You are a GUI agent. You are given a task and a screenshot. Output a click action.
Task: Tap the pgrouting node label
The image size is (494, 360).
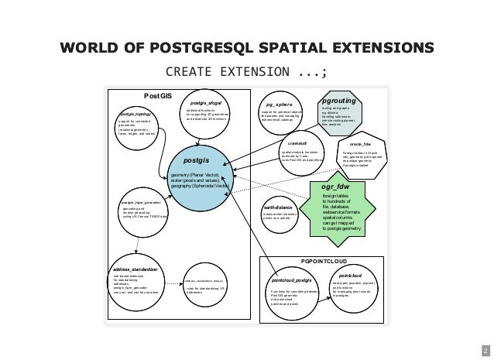[x=339, y=101]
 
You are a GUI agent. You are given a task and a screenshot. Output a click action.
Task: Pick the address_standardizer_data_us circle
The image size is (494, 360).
[x=207, y=288]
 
